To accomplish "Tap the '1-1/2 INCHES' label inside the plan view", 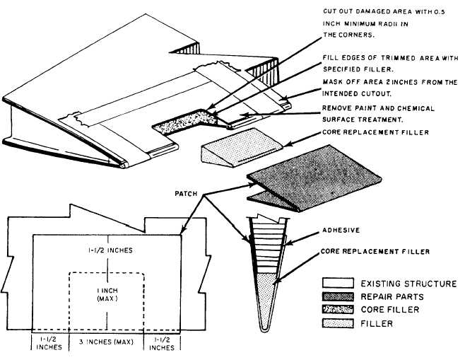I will click(x=105, y=250).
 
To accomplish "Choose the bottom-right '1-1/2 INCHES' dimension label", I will click(x=163, y=343).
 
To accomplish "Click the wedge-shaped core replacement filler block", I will click(x=229, y=149).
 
